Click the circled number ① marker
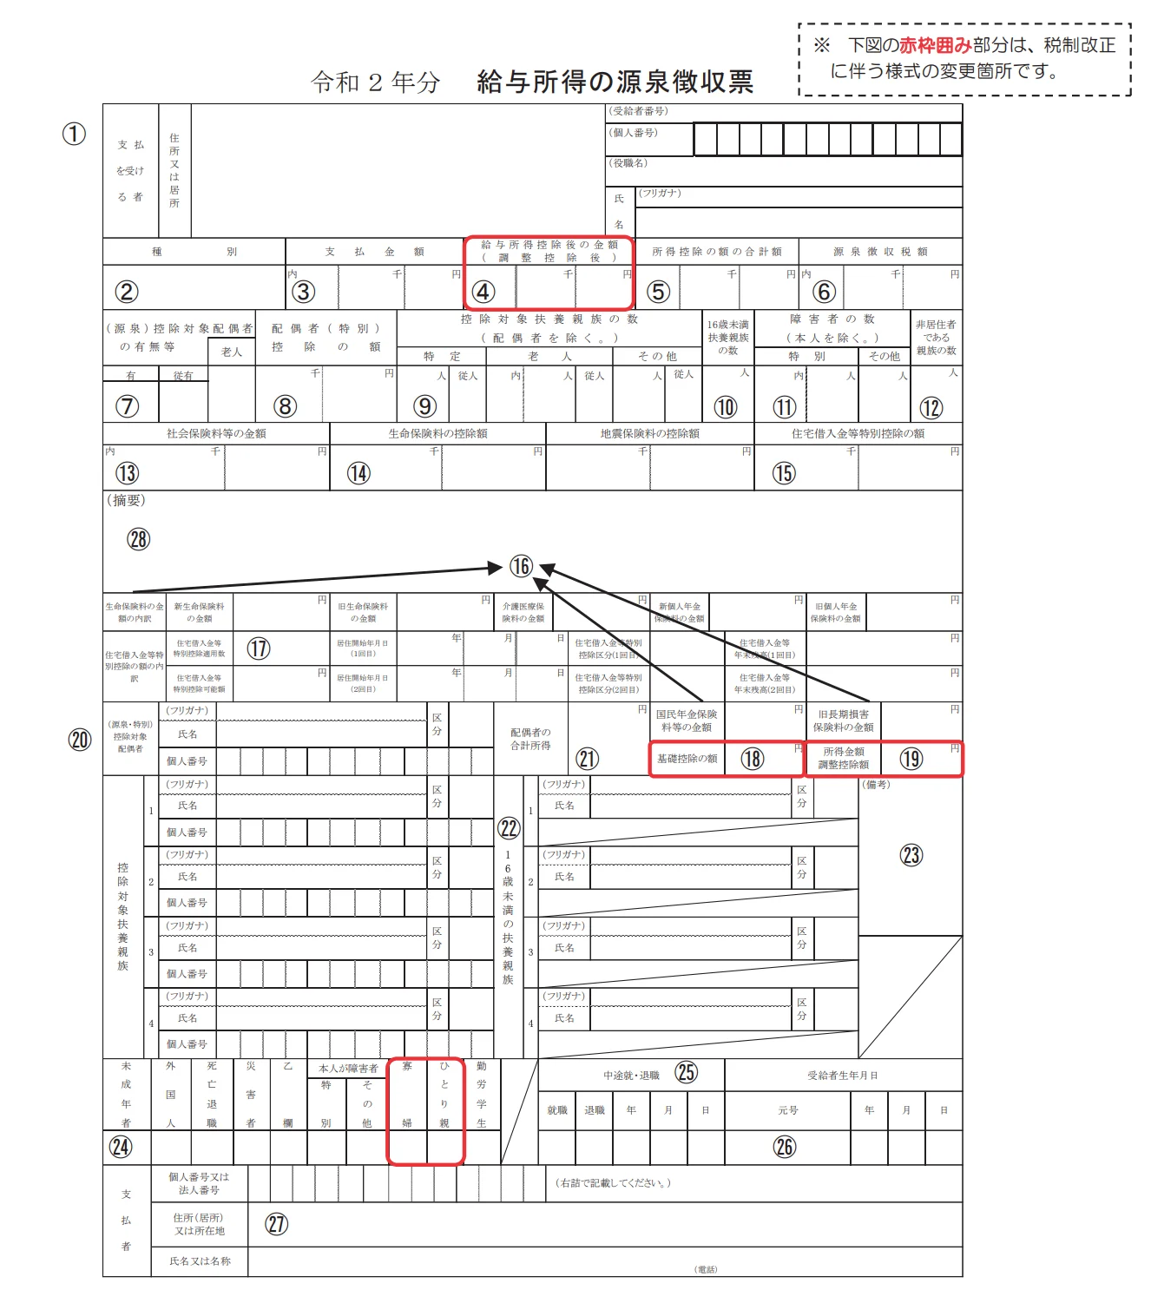pyautogui.click(x=75, y=134)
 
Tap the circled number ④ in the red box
pyautogui.click(x=483, y=293)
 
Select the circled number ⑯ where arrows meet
pyautogui.click(x=521, y=567)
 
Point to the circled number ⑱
pyautogui.click(x=753, y=759)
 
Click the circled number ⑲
pyautogui.click(x=911, y=759)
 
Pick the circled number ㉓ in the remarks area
pyautogui.click(x=911, y=855)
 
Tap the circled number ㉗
pyautogui.click(x=276, y=1224)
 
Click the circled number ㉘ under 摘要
pyautogui.click(x=139, y=539)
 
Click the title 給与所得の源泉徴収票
pyautogui.click(x=615, y=82)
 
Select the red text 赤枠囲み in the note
pyautogui.click(x=935, y=45)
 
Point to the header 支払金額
pyautogui.click(x=374, y=252)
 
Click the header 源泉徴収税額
pyautogui.click(x=879, y=252)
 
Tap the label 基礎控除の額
pyautogui.click(x=687, y=759)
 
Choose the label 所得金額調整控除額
pyautogui.click(x=844, y=758)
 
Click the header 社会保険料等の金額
pyautogui.click(x=216, y=433)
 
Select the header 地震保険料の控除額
pyautogui.click(x=649, y=433)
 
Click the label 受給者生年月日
pyautogui.click(x=842, y=1076)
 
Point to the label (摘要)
pyautogui.click(x=126, y=500)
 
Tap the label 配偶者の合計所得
pyautogui.click(x=530, y=739)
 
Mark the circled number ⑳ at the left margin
pyautogui.click(x=80, y=740)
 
